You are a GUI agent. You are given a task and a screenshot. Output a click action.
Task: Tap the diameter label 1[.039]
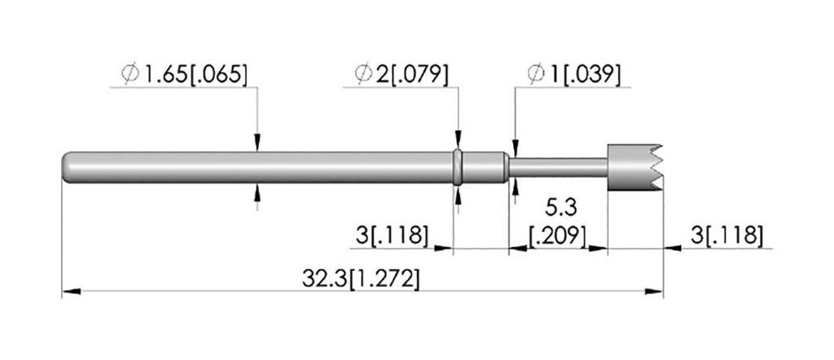pyautogui.click(x=585, y=74)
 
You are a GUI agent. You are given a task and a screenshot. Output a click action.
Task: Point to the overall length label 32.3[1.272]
pyautogui.click(x=361, y=279)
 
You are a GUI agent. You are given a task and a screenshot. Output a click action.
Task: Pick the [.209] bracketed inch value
pyautogui.click(x=557, y=235)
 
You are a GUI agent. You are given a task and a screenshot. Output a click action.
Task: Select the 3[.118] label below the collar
pyautogui.click(x=392, y=235)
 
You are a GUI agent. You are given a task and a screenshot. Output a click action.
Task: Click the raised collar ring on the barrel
pyautogui.click(x=458, y=168)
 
